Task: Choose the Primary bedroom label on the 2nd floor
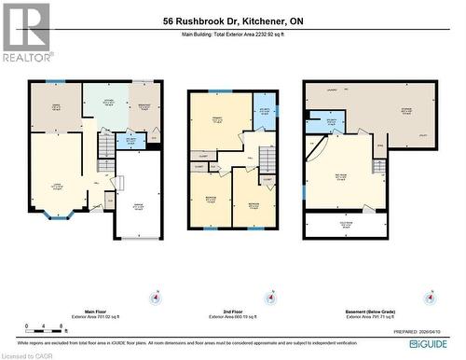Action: click(x=216, y=118)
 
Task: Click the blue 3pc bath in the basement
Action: click(x=331, y=121)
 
